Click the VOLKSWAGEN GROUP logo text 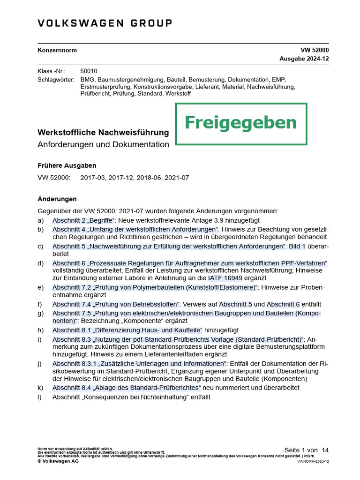[105, 23]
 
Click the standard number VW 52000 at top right [315, 50]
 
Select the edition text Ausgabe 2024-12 [304, 59]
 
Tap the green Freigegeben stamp [241, 123]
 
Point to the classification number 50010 [89, 71]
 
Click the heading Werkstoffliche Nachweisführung [103, 133]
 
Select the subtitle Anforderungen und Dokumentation [103, 144]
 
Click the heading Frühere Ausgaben [67, 165]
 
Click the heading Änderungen [57, 199]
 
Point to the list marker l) [40, 397]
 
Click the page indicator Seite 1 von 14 [307, 450]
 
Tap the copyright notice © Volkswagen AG [58, 461]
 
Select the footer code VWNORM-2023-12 [313, 461]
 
